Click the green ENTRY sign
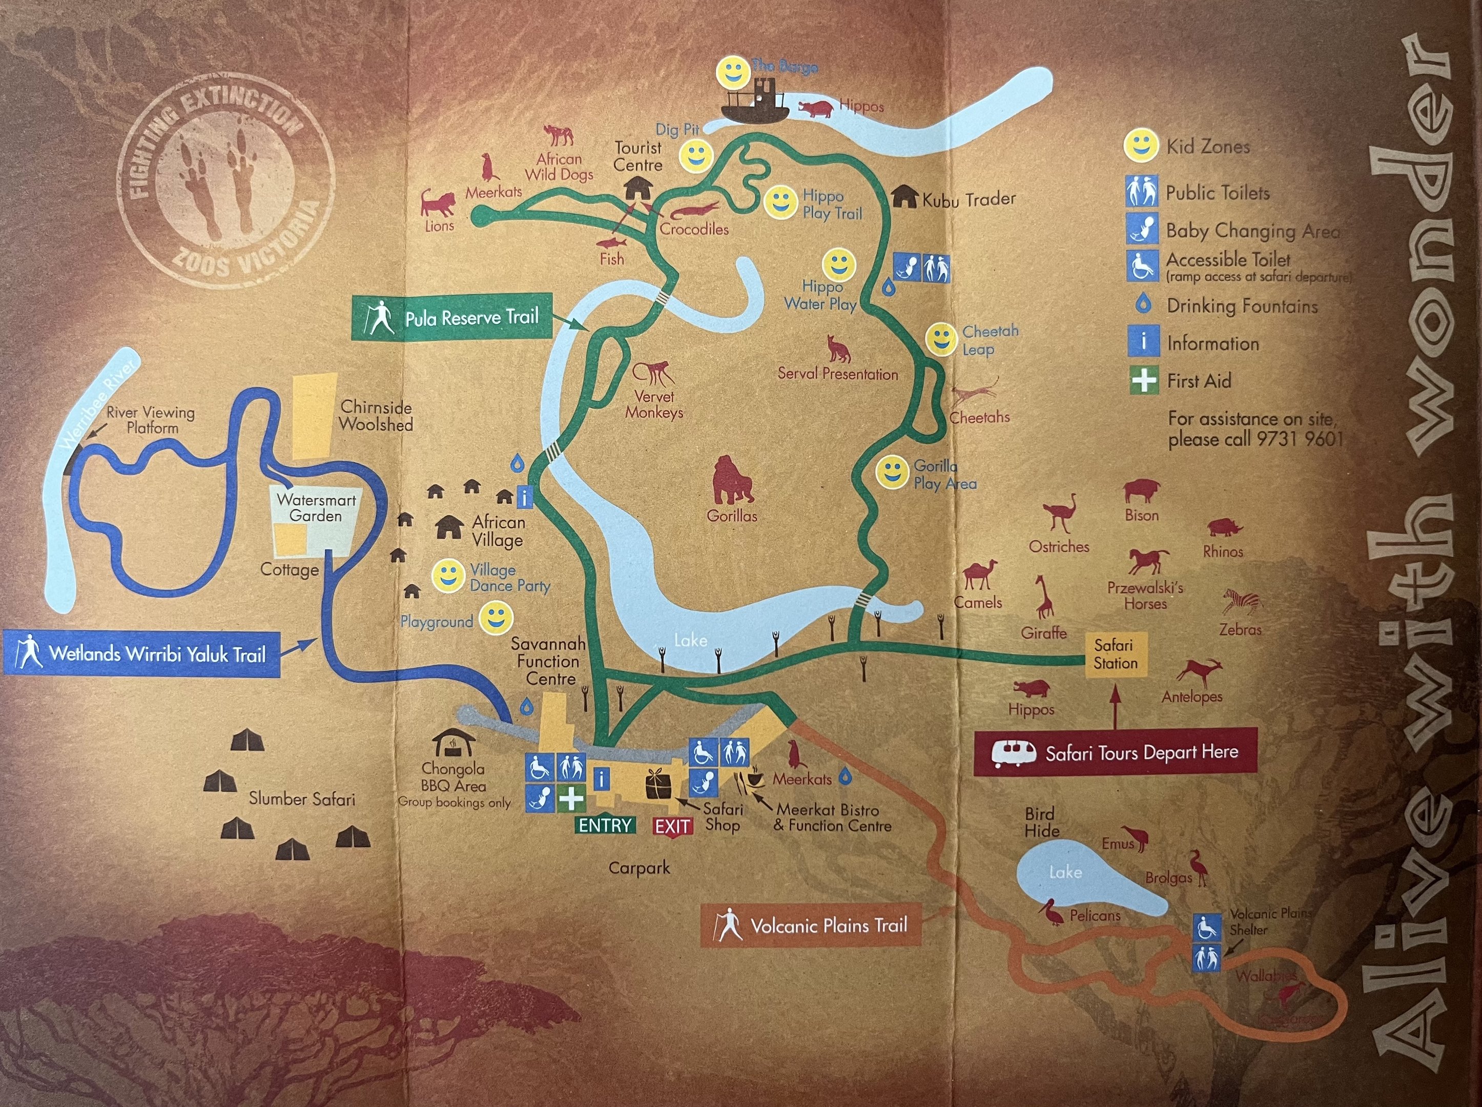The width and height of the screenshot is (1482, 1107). (604, 825)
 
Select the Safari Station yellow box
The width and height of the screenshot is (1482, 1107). (1116, 654)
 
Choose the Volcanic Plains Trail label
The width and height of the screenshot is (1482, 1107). (811, 926)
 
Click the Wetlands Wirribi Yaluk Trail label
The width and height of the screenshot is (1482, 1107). (141, 653)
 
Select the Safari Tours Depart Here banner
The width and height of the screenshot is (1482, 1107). (1115, 752)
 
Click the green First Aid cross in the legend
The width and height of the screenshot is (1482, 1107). (1144, 381)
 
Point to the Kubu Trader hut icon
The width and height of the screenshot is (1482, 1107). (905, 196)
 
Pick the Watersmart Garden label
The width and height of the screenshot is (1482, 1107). (316, 508)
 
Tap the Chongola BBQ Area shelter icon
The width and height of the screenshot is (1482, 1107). (454, 743)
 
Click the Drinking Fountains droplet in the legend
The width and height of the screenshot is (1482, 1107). (1144, 305)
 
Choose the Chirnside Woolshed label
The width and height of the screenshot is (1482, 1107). (375, 416)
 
